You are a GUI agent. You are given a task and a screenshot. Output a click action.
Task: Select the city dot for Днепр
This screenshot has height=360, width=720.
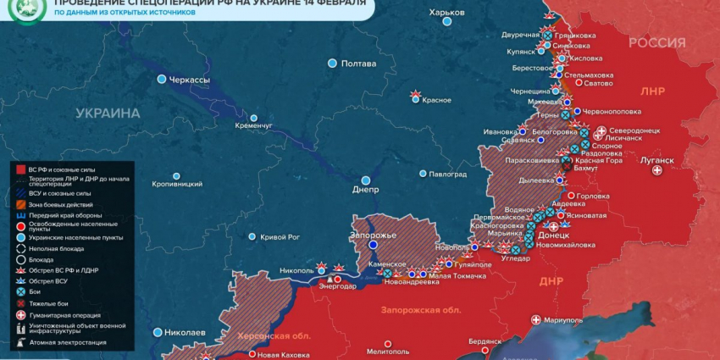coord(366,180)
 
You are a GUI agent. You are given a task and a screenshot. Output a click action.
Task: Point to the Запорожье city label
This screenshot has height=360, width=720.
coord(374,234)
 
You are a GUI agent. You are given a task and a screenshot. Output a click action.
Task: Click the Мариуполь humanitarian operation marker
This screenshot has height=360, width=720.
coord(535,320)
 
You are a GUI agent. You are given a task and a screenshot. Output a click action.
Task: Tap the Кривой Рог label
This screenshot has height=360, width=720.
coord(280,237)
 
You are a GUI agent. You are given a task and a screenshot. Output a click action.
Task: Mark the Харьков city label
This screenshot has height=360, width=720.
coord(446,12)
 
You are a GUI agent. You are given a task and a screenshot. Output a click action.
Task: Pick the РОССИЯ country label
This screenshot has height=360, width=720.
coord(656,43)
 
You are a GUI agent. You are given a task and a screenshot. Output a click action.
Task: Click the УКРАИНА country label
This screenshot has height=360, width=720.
coord(108,113)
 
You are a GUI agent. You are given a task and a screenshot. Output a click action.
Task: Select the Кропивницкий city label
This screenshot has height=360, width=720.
coord(177,184)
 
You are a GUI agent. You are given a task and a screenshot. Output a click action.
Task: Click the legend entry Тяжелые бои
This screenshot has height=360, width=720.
coord(51,303)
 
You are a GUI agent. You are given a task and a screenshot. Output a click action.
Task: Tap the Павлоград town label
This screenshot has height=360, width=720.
coord(448,174)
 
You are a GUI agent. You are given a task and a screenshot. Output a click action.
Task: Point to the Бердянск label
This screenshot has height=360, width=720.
coord(485,341)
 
